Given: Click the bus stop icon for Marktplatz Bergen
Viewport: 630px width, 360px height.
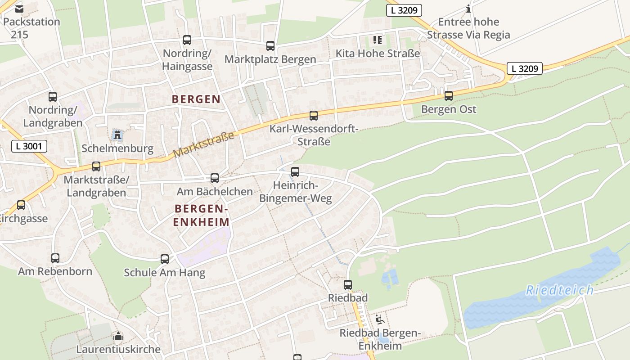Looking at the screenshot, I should point(270,45).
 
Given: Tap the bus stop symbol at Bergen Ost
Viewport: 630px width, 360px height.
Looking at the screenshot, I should point(448,95).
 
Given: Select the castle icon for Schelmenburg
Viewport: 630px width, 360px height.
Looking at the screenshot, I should point(117,134).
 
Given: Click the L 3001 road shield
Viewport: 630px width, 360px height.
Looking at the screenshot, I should point(29,146).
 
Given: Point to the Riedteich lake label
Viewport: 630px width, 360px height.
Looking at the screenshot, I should point(559,290).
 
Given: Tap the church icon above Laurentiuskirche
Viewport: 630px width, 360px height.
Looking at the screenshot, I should point(118,336).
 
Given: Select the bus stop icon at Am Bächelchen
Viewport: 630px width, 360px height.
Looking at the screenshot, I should point(215,178).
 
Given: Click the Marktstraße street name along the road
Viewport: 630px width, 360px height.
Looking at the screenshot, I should point(204,144).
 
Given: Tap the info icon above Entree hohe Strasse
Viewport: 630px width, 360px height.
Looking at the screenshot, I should point(468,9).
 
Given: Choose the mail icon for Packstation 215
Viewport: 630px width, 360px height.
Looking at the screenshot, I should point(19,9).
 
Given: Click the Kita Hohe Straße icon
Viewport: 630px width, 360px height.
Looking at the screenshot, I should point(377,40).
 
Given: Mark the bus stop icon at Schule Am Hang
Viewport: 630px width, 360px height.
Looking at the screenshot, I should point(165,259).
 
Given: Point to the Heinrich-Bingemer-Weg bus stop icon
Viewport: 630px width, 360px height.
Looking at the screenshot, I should point(295,171).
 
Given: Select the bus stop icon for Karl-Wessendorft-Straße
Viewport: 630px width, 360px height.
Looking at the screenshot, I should point(313,116).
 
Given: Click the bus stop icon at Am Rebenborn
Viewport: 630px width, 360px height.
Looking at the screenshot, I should point(55,258).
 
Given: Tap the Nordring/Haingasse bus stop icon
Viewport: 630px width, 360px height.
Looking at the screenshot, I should point(187,40).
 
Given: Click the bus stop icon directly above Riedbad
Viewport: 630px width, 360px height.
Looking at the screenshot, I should point(347,284).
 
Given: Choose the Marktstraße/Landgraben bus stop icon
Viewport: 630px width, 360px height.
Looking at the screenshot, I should point(96,166).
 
